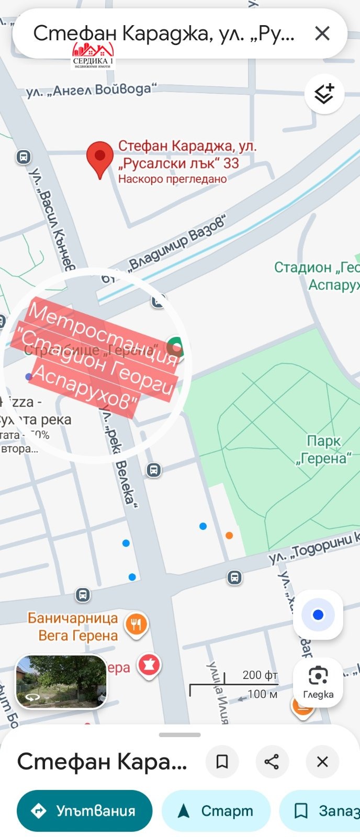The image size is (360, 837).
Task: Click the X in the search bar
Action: (322, 33)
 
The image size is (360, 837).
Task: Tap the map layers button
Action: (324, 94)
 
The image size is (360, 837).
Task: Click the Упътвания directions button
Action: (85, 810)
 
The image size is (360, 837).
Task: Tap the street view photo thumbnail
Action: (61, 681)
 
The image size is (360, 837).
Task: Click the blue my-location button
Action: (318, 615)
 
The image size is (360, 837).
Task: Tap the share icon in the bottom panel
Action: (272, 762)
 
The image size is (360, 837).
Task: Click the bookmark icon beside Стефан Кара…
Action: (222, 762)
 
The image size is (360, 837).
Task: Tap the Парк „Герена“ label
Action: (323, 450)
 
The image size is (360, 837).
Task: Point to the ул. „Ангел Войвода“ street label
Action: (92, 90)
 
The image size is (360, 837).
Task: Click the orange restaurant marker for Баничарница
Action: (137, 624)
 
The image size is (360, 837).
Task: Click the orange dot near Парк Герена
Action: (229, 535)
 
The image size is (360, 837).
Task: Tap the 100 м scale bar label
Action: (262, 694)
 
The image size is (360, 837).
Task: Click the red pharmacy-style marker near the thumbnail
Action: (149, 665)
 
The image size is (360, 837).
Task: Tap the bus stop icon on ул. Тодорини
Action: (234, 578)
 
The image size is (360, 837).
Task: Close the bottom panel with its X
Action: (322, 762)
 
